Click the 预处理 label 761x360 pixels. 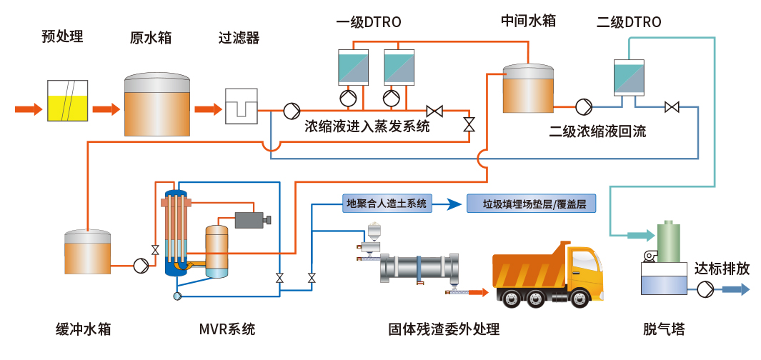[x=63, y=36]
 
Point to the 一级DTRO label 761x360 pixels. [x=369, y=22]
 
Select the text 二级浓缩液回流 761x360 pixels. [x=597, y=131]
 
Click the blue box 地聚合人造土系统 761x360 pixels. [x=387, y=204]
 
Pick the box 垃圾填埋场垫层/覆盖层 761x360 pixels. [x=530, y=204]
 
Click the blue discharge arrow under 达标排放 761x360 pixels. [x=735, y=289]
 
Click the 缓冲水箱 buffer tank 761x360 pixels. [x=88, y=252]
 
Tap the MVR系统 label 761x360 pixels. [x=227, y=329]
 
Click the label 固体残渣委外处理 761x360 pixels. [x=444, y=329]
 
